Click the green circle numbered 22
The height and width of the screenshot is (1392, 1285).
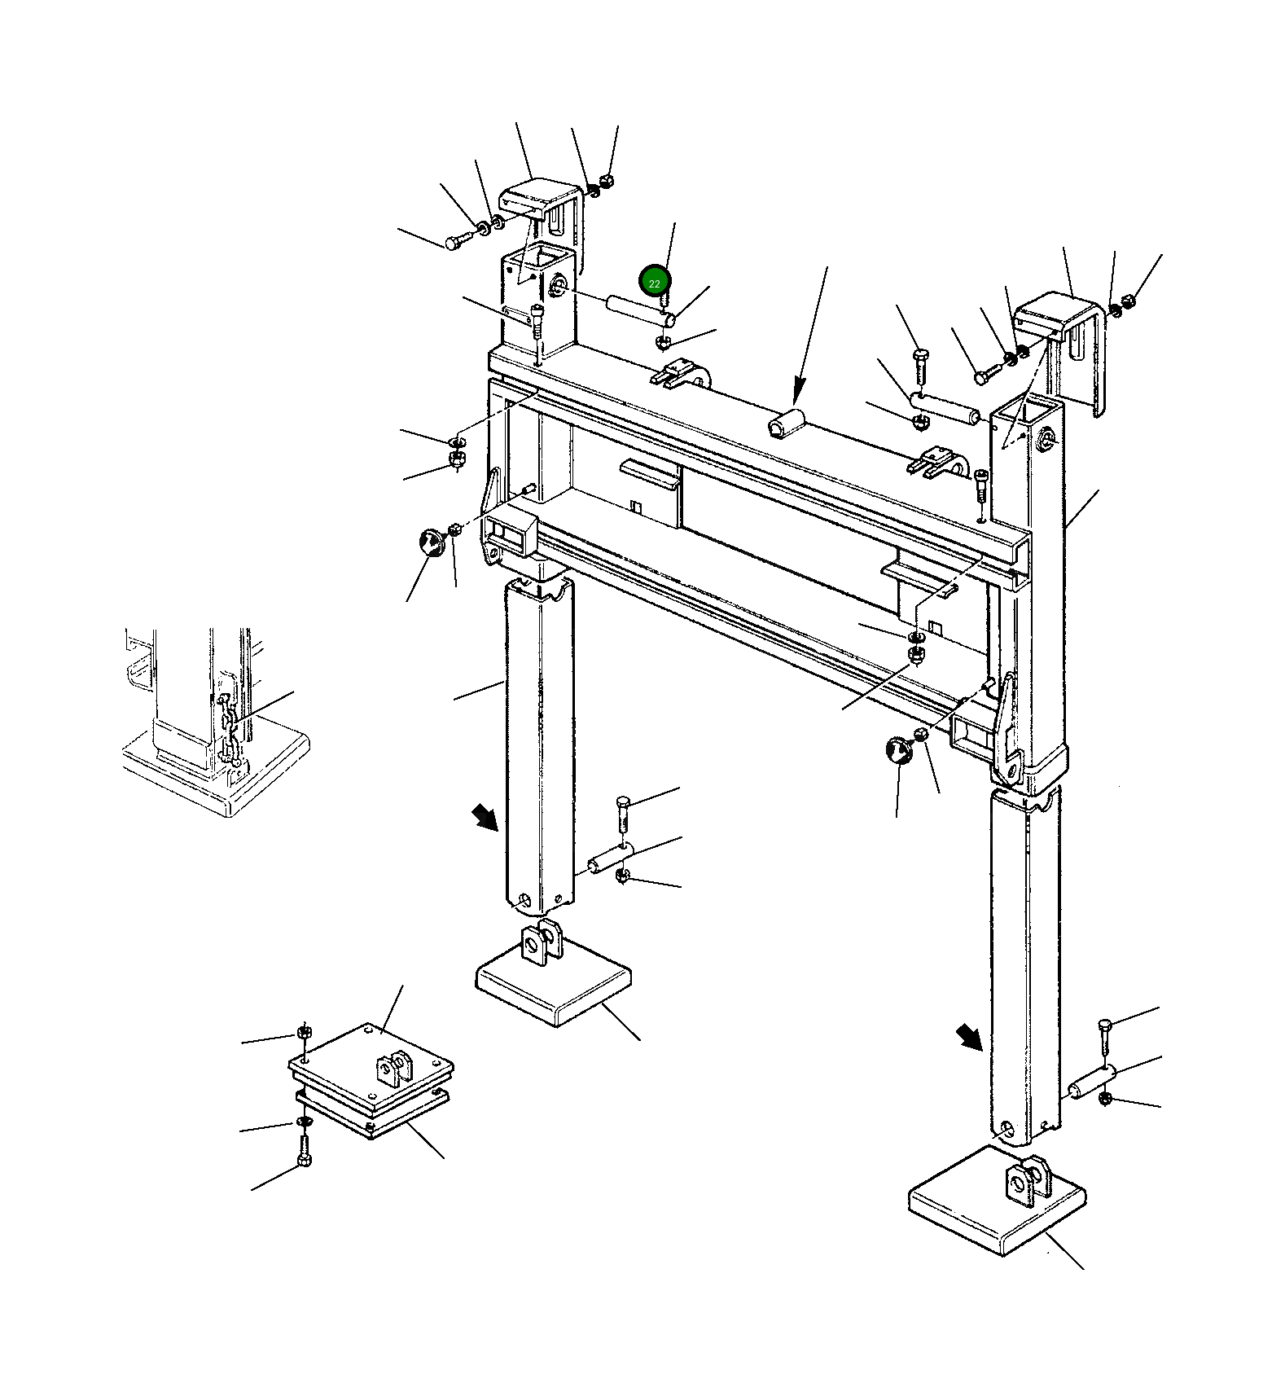655,282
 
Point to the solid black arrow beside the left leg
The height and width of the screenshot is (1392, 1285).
485,817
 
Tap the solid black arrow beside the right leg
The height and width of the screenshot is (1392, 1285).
968,1037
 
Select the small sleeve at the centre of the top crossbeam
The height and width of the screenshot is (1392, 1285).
787,424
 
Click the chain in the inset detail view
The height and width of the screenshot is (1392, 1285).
230,731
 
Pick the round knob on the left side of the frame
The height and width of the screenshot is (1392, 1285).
430,542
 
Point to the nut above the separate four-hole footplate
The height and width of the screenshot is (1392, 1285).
304,1032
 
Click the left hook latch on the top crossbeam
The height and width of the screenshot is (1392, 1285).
680,374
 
